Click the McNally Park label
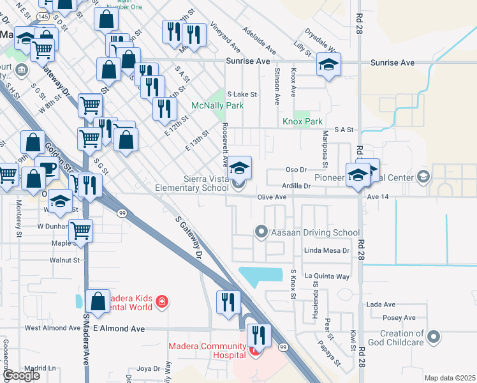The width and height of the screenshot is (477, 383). click(x=217, y=105)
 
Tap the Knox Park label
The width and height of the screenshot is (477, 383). click(x=303, y=121)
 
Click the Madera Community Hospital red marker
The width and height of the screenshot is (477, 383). click(x=256, y=350)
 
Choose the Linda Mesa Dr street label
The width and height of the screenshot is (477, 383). click(x=327, y=250)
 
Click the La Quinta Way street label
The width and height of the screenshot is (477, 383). click(x=327, y=276)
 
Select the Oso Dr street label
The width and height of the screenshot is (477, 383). click(x=296, y=170)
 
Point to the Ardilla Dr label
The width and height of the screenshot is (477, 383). click(x=298, y=186)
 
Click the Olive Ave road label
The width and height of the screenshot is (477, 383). click(x=272, y=197)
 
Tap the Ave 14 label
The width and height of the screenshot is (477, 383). click(x=378, y=197)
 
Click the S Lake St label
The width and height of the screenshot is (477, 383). click(x=242, y=94)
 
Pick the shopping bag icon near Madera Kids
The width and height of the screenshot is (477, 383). click(x=98, y=304)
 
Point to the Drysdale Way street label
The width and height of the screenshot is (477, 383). click(x=319, y=40)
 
